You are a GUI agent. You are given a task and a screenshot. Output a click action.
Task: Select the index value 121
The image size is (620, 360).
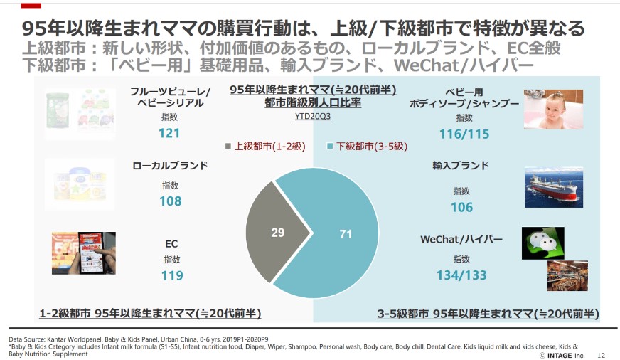pyautogui.click(x=169, y=133)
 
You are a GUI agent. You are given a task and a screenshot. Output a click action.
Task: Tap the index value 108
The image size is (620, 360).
pyautogui.click(x=171, y=201)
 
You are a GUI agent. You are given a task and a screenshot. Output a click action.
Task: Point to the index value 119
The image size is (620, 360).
pyautogui.click(x=171, y=275)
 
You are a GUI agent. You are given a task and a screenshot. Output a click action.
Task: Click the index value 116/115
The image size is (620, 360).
pyautogui.click(x=464, y=134)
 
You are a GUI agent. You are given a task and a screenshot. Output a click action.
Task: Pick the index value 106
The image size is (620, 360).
pyautogui.click(x=461, y=207)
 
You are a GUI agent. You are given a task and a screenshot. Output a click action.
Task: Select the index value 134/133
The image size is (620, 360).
pyautogui.click(x=461, y=275)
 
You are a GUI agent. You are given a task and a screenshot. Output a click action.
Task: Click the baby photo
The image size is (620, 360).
pyautogui.click(x=553, y=110)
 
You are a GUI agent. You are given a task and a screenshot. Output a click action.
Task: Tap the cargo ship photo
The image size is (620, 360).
pyautogui.click(x=554, y=187)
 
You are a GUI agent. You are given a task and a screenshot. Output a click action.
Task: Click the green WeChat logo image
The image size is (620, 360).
pyautogui.click(x=542, y=243)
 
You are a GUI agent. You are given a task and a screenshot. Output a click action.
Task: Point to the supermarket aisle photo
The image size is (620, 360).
pyautogui.click(x=567, y=276)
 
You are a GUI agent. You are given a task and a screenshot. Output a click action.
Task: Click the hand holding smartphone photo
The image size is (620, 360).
pyautogui.click(x=83, y=253)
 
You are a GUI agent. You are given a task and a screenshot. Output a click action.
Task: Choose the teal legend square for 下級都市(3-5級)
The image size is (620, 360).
pyautogui.click(x=330, y=147)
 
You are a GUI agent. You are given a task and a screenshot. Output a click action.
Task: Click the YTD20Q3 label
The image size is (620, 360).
pyautogui.click(x=313, y=116)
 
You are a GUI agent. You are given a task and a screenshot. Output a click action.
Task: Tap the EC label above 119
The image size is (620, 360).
pyautogui.click(x=171, y=244)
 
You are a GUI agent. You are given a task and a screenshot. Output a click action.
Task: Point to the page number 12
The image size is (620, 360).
pyautogui.click(x=600, y=354)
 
